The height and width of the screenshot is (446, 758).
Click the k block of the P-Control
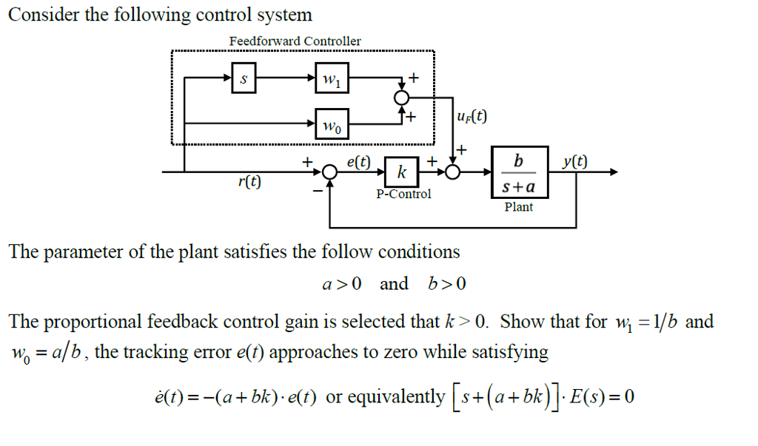pos(401,172)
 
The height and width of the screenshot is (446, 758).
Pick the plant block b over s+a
pos(519,173)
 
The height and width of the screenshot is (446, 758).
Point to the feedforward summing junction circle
pos(401,99)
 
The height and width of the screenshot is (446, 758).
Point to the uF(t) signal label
pos(472,116)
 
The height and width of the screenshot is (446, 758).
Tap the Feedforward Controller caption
pos(295,41)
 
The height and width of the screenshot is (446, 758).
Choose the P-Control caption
pos(403,195)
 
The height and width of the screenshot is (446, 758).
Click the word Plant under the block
pos(518,207)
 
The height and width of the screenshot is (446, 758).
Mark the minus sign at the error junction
pos(318,192)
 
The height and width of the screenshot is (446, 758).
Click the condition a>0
pos(341,285)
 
